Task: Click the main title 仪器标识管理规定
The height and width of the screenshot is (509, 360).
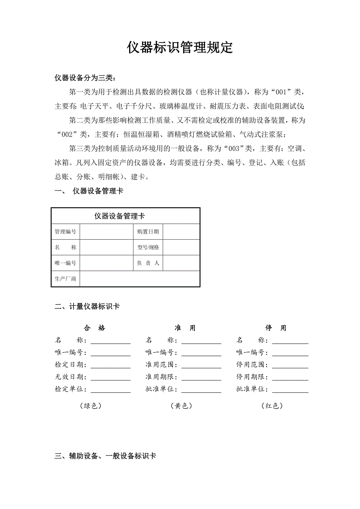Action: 180,48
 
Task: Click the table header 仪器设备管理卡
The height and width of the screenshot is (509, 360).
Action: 120,216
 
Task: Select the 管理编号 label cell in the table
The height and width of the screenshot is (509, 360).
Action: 65,232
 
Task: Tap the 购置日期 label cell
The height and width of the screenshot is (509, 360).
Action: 148,232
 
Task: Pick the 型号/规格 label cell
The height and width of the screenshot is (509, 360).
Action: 148,247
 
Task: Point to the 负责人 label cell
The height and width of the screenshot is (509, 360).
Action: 148,263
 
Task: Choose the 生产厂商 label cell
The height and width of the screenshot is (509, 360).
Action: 65,279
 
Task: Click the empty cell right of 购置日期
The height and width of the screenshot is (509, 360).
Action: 181,232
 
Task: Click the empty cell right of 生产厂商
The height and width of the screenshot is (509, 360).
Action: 139,279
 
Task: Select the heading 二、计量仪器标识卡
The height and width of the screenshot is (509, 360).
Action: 87,307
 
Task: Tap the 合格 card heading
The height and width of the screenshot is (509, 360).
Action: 94,328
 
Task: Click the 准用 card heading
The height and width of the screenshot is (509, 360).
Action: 185,328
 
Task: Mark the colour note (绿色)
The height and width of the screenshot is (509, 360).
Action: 90,406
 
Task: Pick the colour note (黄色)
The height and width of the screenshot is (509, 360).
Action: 181,406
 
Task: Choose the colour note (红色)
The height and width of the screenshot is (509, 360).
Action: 272,406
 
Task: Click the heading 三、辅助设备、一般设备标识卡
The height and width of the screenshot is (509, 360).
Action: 105,456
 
